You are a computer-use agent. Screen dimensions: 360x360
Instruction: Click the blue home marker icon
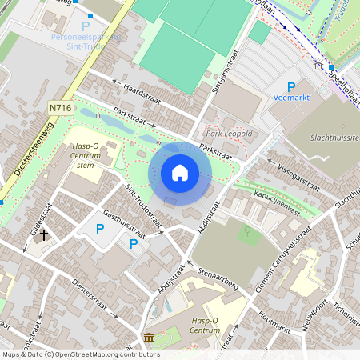180,173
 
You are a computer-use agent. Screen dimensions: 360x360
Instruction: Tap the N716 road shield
58,106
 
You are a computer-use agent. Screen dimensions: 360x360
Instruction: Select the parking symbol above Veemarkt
291,86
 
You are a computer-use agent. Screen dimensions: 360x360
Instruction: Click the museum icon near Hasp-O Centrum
150,338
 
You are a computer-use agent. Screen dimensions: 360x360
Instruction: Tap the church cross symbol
44,235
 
